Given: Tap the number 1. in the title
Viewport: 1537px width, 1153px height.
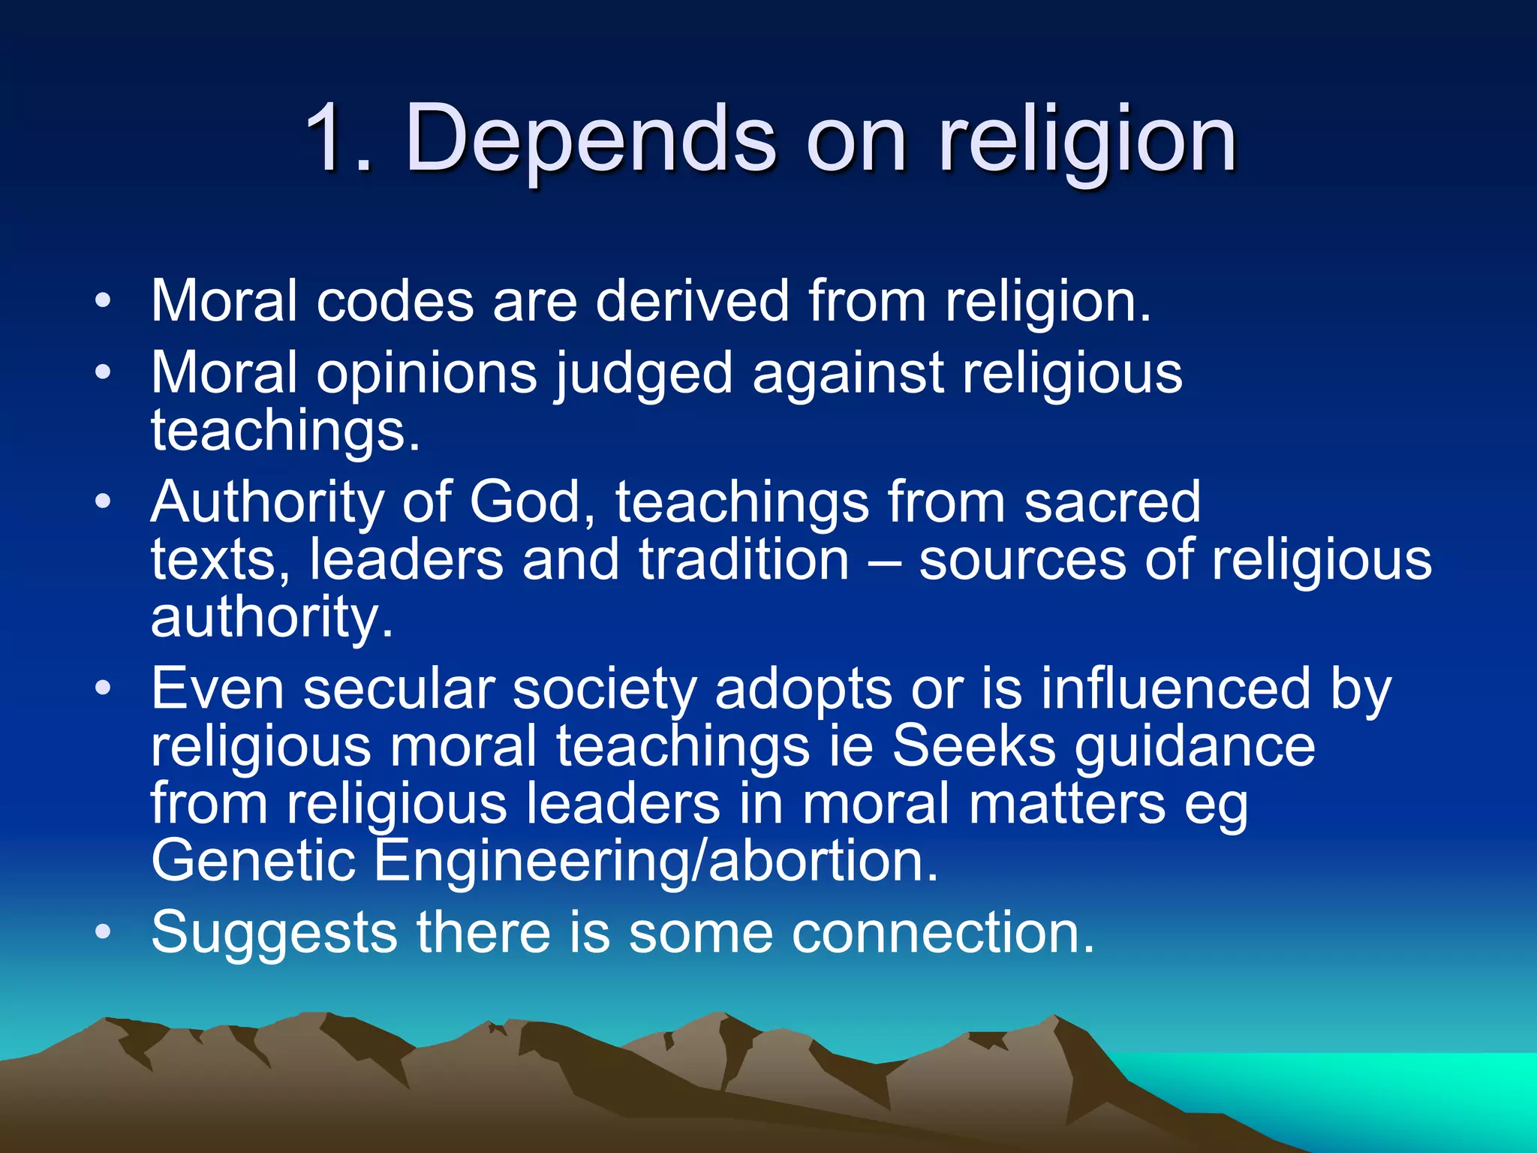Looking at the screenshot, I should [x=338, y=139].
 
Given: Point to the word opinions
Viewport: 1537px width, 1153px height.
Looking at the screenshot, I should [x=426, y=374].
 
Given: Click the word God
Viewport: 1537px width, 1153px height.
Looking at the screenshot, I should [x=525, y=502].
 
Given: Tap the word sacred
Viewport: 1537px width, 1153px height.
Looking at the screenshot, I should [x=1112, y=502].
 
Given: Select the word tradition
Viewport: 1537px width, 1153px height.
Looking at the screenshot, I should [x=744, y=560].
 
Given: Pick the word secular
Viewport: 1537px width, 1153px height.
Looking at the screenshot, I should [x=399, y=689].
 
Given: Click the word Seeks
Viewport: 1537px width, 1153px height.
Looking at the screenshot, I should [x=973, y=747].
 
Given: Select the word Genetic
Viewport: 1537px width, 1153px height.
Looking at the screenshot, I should [x=253, y=861].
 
